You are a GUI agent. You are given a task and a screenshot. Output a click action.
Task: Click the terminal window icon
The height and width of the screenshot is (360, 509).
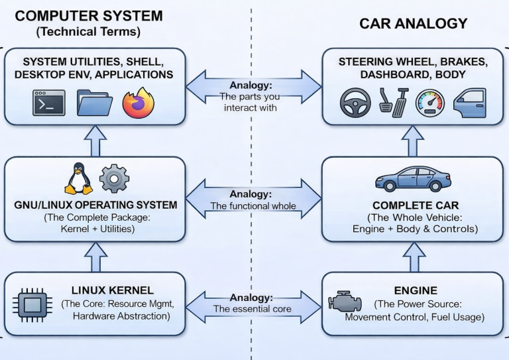coord(49,103)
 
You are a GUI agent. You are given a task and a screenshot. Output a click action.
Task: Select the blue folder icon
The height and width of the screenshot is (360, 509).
coord(95,103)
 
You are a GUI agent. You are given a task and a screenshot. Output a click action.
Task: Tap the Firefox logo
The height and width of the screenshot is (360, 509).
coord(139,103)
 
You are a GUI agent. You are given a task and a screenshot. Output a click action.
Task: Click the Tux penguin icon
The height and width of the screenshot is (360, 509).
coord(79,178)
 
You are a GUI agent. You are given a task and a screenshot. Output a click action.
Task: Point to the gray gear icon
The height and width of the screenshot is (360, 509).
coord(114,178)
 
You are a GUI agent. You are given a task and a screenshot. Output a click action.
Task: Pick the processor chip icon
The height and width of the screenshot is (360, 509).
coord(32,304)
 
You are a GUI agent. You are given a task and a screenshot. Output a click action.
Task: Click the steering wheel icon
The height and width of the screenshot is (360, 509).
coord(355,103)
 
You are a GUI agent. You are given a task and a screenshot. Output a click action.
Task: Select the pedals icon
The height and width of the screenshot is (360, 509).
coord(394,102)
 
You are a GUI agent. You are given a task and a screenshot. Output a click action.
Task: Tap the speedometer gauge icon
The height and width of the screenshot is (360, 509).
coord(430,103)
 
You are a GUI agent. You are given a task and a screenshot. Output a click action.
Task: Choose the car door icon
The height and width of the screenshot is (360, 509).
coord(470,103)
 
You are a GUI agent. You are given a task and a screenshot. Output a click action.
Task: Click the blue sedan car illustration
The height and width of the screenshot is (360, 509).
coord(413,179)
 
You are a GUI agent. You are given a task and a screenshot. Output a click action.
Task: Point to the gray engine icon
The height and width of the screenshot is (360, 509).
coord(345,302)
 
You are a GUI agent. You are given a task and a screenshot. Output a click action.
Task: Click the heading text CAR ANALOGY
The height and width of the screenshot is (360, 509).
coord(414,24)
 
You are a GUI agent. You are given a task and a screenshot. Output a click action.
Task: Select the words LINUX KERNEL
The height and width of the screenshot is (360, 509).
coord(113,290)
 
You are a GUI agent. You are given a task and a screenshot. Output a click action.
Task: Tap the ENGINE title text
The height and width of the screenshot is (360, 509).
coord(416,290)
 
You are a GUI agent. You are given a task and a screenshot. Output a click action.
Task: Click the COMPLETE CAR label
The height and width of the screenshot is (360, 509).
coord(416,206)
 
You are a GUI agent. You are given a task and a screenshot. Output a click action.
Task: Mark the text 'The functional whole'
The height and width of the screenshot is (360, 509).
coord(253,206)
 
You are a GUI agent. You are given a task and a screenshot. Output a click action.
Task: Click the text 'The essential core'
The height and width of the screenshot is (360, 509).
coord(253,309)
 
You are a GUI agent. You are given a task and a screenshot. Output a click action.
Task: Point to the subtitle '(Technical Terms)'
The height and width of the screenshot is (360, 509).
coord(88,32)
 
